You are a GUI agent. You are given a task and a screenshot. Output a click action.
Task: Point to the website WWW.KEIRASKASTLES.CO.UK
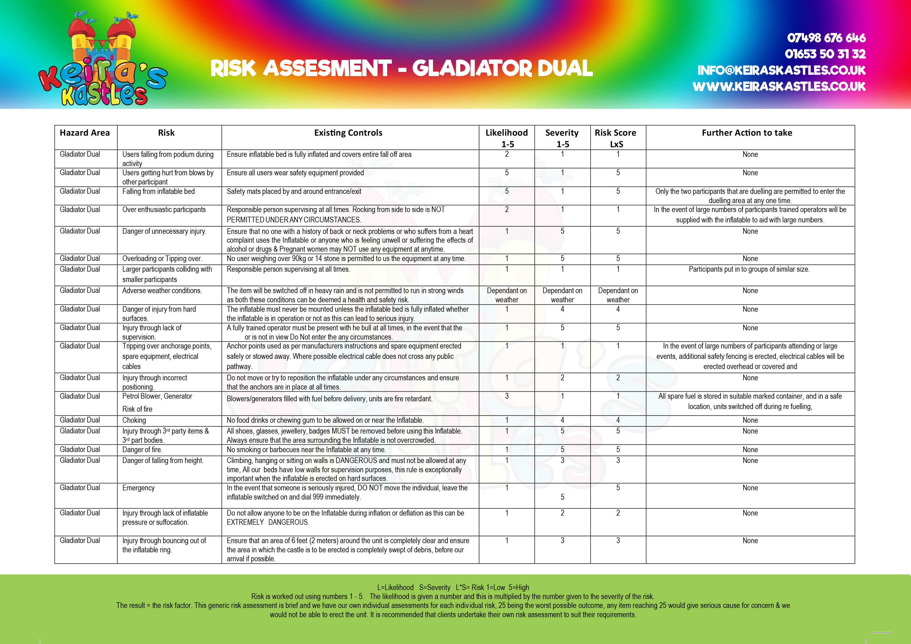(779, 86)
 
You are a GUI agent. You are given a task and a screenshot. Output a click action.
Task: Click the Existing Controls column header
(348, 133)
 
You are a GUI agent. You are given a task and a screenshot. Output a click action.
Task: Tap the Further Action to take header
(747, 133)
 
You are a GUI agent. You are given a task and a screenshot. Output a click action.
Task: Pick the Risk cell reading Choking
(134, 420)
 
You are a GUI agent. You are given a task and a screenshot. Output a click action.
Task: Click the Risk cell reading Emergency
(138, 488)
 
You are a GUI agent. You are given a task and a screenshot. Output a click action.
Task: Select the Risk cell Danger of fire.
(142, 450)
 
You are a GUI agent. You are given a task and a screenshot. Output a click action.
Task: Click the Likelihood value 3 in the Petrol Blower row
(507, 396)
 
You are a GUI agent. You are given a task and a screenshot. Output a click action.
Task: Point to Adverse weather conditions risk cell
(162, 291)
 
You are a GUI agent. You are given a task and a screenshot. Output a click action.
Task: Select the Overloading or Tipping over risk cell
(162, 259)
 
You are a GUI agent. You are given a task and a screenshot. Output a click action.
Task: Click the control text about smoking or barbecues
(306, 450)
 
